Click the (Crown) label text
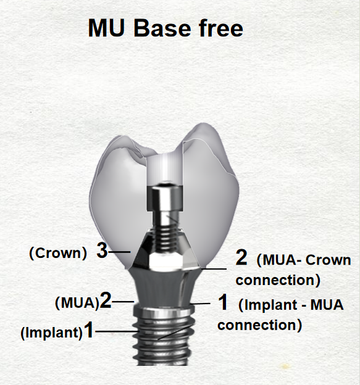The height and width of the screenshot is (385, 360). point(58,253)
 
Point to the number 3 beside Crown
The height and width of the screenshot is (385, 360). point(102,250)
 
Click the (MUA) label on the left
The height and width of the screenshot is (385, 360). point(77,303)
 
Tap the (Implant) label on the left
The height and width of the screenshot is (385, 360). point(52,333)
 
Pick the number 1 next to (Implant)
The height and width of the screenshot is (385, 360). point(89,329)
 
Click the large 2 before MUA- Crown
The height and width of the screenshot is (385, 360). point(241,257)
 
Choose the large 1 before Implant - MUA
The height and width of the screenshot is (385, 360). point(223,302)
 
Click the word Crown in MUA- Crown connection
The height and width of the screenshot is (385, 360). point(328,260)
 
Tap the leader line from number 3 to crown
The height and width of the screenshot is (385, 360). point(119,252)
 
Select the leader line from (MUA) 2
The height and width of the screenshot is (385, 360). point(123,302)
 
